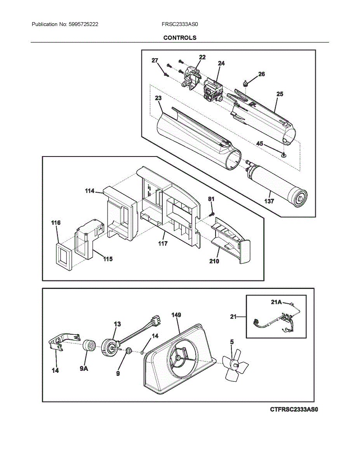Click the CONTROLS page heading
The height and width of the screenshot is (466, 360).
(180, 38)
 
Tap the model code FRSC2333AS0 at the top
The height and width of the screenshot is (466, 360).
(180, 24)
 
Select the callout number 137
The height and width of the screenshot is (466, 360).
(269, 201)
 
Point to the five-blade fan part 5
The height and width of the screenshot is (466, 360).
(235, 364)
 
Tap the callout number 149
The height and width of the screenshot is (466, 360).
(176, 315)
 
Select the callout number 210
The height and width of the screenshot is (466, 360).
(214, 261)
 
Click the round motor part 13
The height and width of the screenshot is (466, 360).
(110, 347)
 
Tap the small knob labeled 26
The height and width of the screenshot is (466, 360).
(246, 82)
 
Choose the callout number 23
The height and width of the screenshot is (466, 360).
(158, 98)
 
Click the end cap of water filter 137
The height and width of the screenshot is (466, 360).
(299, 198)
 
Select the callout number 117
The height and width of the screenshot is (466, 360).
(163, 243)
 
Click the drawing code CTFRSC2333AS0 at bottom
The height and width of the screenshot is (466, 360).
(294, 409)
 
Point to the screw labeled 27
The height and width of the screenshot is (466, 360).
(166, 74)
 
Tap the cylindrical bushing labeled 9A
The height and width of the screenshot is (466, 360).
(89, 345)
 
